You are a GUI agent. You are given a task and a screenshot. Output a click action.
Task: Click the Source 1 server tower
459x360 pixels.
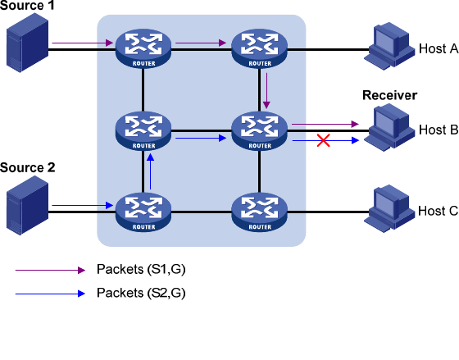click(28, 43)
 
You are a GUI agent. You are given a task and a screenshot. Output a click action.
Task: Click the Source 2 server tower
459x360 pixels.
click(28, 205)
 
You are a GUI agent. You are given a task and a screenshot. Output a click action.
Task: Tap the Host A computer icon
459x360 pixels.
click(389, 46)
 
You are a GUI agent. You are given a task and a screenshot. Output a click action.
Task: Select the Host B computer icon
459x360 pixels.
click(389, 127)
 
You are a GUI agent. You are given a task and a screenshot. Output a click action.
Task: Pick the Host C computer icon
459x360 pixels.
click(389, 208)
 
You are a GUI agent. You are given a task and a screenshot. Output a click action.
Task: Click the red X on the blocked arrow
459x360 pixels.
click(324, 140)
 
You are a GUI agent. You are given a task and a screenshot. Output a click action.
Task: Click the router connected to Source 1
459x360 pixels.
click(143, 48)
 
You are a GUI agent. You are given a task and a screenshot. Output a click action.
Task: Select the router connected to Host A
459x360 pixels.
click(259, 48)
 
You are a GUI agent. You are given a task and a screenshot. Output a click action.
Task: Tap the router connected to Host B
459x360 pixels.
click(259, 130)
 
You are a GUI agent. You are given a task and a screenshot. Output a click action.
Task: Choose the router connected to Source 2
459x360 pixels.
click(143, 212)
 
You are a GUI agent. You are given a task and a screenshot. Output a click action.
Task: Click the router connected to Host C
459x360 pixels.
click(259, 212)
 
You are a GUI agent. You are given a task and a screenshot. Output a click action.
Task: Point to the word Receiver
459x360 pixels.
click(389, 95)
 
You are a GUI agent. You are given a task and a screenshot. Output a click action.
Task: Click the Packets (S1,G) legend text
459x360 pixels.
click(141, 269)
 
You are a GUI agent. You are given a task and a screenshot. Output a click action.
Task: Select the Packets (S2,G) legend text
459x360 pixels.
click(141, 293)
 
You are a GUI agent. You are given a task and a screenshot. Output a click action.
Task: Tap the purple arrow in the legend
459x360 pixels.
click(50, 270)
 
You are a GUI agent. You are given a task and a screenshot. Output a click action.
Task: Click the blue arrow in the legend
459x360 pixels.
click(50, 294)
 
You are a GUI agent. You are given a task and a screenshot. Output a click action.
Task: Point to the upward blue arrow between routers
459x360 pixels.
click(151, 171)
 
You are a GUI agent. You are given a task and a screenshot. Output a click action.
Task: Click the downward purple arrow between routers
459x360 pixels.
click(266, 90)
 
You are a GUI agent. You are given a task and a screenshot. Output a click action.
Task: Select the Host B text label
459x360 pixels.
click(439, 130)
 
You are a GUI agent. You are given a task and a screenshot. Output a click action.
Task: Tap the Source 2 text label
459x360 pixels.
click(28, 167)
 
